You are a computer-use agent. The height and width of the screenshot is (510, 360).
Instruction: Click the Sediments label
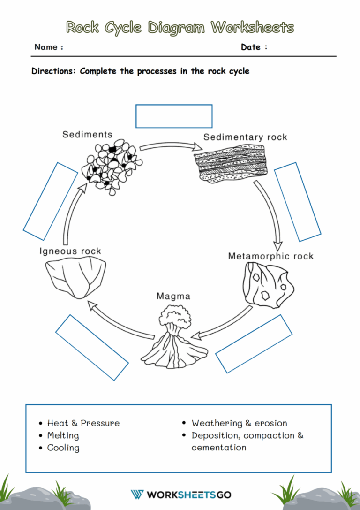[87, 135]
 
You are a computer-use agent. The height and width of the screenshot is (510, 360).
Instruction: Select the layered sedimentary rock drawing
[230, 162]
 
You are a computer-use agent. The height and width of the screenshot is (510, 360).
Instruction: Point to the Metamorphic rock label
[270, 256]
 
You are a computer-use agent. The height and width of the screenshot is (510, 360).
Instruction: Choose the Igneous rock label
[70, 251]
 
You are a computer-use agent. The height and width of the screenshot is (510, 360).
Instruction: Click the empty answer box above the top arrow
[174, 116]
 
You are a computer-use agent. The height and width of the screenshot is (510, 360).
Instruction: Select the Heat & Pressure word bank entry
[83, 423]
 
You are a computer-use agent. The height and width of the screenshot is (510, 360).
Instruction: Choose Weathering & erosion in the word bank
[239, 423]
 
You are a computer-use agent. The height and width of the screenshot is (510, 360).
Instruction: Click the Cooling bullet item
[63, 448]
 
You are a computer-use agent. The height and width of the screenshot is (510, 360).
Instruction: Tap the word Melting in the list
[63, 435]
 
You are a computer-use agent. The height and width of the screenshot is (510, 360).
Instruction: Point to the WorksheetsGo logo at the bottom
[180, 495]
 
